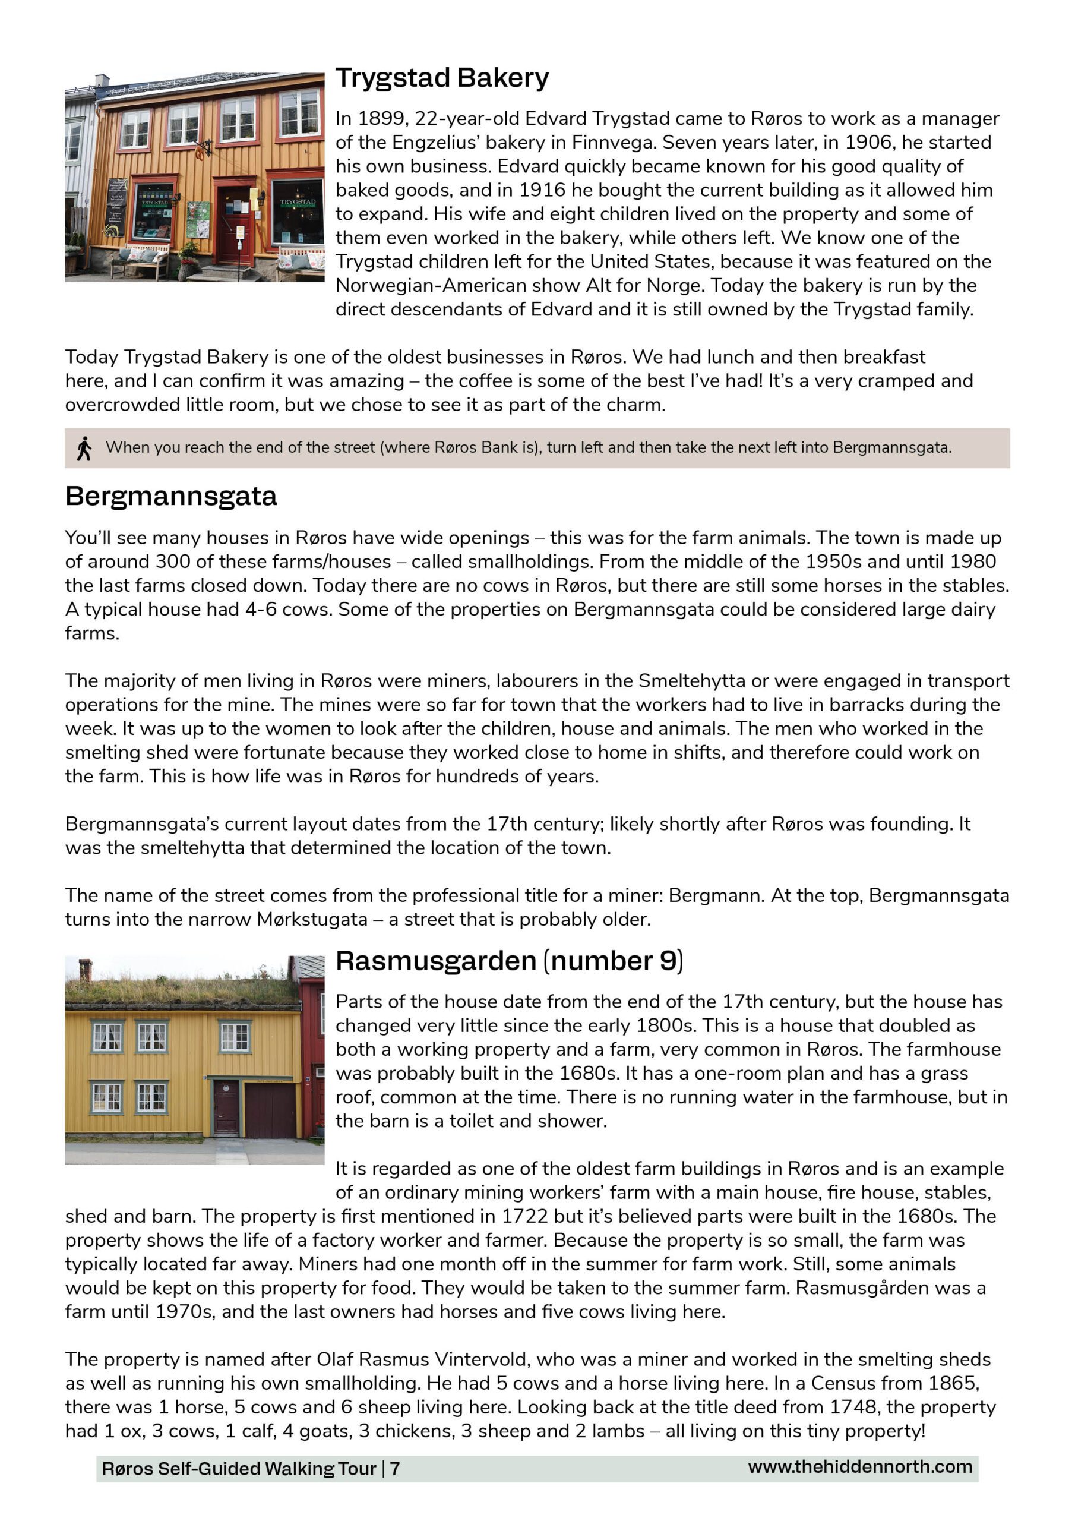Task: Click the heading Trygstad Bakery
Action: [x=442, y=78]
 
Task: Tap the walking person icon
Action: [x=84, y=449]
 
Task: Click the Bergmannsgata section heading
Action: [x=171, y=496]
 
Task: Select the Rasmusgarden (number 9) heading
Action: [x=508, y=961]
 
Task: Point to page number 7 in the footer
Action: [x=395, y=1469]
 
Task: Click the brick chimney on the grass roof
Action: [x=85, y=970]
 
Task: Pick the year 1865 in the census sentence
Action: [x=953, y=1383]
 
